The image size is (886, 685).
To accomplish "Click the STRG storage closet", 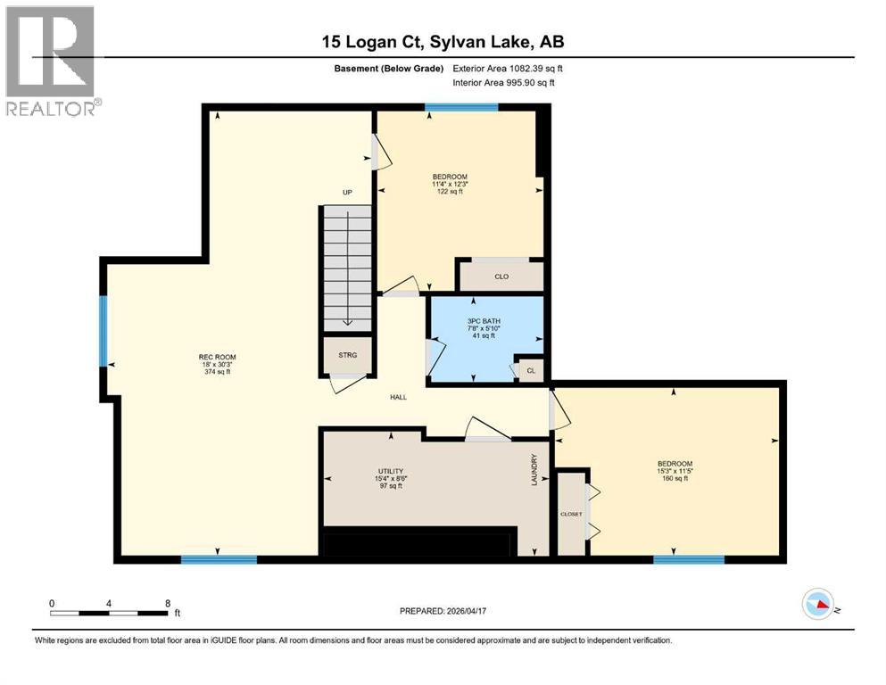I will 347,355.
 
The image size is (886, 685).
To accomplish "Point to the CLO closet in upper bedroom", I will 501,276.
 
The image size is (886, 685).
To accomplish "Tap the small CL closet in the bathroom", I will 530,369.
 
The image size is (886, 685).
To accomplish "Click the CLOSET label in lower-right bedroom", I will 570,515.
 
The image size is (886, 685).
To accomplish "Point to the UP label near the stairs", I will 348,192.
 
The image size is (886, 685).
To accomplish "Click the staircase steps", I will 346,268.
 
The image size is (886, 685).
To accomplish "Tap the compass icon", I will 818,605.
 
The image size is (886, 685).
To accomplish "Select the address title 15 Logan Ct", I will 443,42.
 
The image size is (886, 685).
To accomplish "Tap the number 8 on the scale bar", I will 168,603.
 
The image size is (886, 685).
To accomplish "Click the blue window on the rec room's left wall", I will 104,330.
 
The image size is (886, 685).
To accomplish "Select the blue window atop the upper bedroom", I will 460,107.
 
